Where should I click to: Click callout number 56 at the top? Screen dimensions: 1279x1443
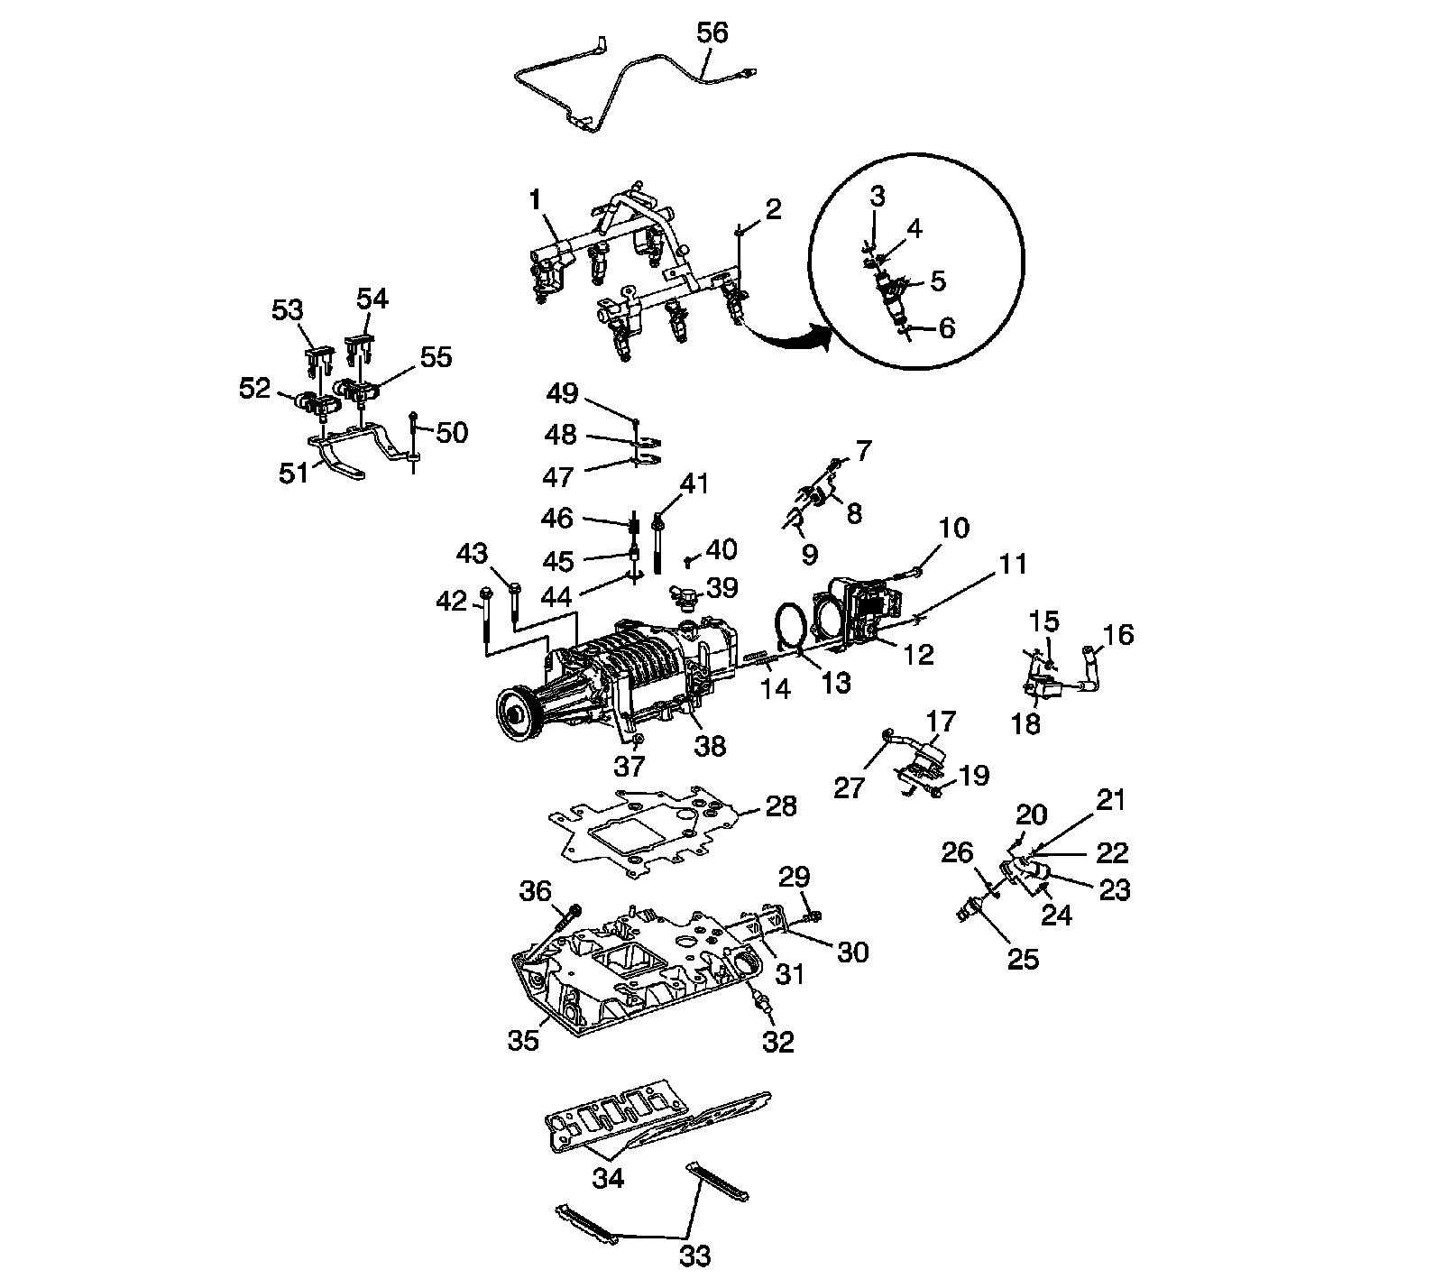click(712, 33)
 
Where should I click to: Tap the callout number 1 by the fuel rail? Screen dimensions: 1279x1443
click(536, 199)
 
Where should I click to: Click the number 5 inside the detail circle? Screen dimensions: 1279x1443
click(938, 281)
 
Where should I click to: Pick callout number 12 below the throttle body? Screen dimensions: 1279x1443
click(918, 654)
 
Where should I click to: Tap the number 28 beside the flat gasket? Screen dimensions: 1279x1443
click(781, 805)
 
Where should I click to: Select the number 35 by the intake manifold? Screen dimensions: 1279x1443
click(523, 1039)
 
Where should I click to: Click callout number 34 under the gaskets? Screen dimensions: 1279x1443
click(608, 1178)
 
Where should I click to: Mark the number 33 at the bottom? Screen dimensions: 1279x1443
click(695, 1255)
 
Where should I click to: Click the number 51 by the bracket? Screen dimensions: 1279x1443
click(294, 473)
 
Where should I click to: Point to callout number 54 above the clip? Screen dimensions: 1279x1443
click(372, 299)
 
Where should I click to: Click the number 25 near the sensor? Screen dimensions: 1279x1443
click(1023, 958)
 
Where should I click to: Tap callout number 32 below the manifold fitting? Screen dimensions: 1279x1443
click(778, 1042)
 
